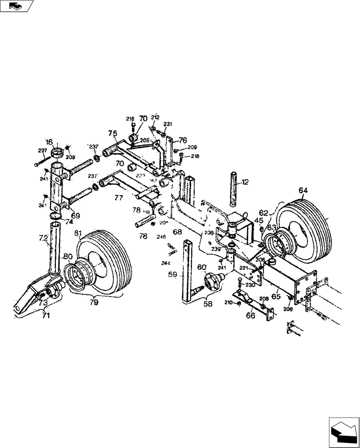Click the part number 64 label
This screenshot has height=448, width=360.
(x=304, y=191)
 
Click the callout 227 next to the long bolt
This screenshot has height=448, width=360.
(x=42, y=150)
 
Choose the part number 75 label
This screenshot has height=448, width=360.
(x=112, y=133)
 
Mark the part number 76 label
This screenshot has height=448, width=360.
(x=183, y=140)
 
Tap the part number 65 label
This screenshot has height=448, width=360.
(x=276, y=296)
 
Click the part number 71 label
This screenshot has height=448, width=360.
(x=47, y=315)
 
